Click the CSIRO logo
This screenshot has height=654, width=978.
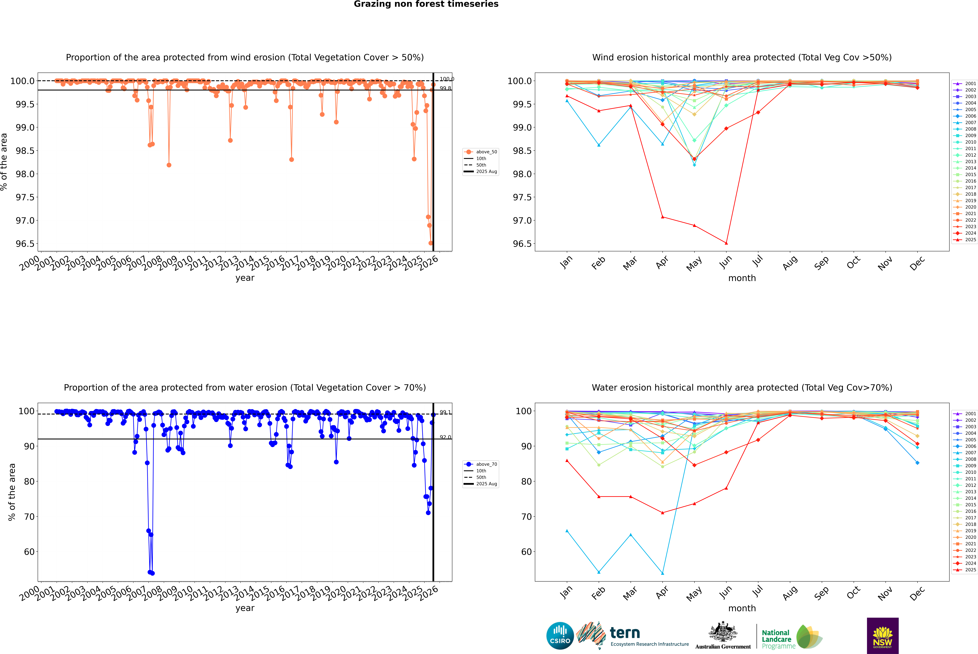pos(560,636)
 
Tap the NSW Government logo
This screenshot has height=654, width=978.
pos(883,636)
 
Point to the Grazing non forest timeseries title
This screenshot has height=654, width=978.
pos(426,4)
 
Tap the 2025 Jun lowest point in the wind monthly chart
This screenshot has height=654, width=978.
pos(726,243)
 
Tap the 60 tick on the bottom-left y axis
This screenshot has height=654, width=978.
pos(29,552)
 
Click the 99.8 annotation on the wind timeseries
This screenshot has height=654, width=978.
pos(445,88)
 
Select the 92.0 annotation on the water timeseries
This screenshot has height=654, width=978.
pos(445,437)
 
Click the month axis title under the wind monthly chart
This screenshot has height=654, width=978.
pos(742,278)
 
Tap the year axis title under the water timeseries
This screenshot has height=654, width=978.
pos(245,608)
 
